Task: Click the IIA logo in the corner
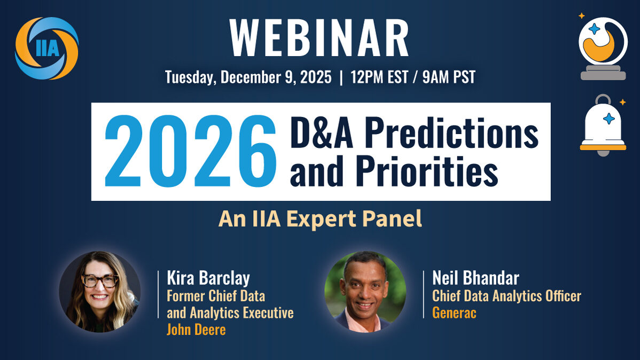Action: pos(46,48)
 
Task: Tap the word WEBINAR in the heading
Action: pos(319,38)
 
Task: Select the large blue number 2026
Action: pos(190,151)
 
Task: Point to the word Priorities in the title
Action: pos(426,170)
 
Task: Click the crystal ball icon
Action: pos(603,48)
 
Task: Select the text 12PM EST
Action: pos(379,77)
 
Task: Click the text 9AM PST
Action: pos(449,77)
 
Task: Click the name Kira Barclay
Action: pos(208,278)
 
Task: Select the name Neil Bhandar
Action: pos(475,278)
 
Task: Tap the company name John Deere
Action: pos(196,330)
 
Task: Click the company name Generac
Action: pos(454,312)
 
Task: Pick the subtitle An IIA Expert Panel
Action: pos(320,219)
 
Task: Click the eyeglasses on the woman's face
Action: pos(100,281)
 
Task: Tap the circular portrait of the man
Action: pos(365,292)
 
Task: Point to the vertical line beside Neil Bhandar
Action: pos(424,294)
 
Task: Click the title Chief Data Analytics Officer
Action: pos(506,296)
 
